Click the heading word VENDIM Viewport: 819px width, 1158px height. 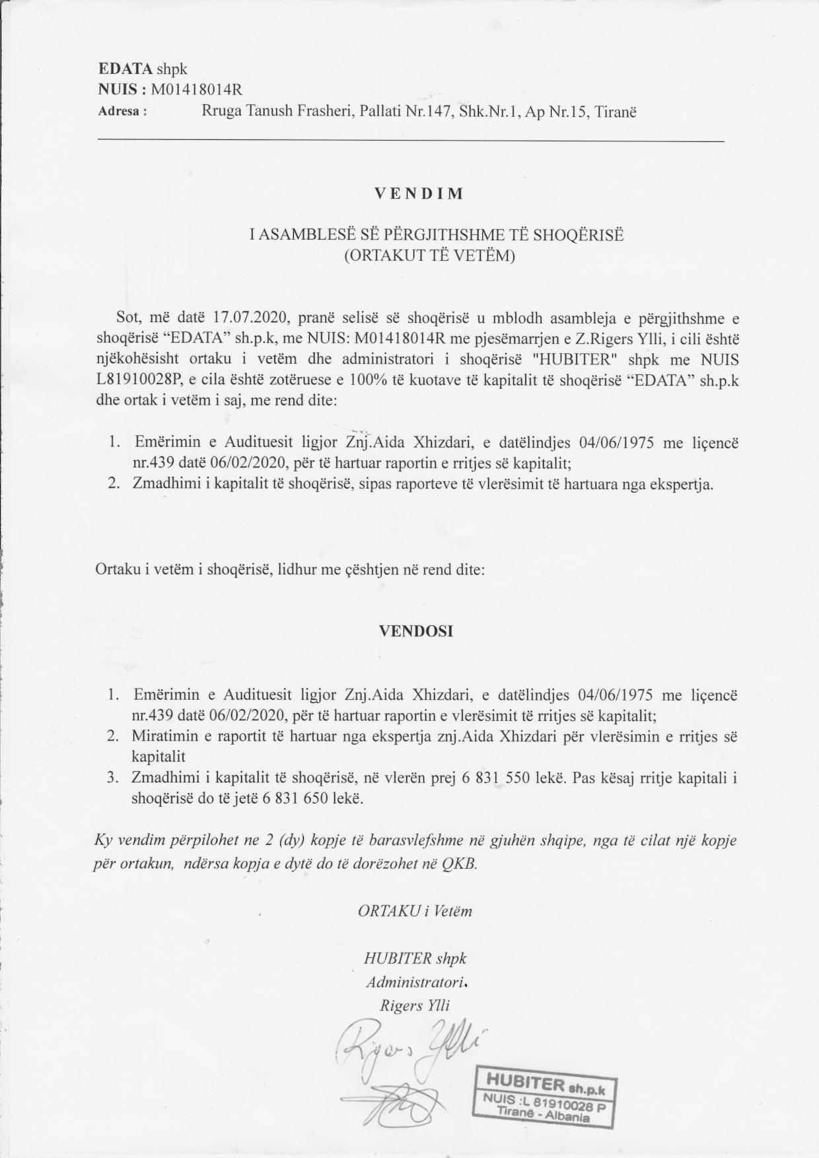click(x=419, y=194)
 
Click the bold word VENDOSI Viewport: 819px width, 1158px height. click(x=415, y=630)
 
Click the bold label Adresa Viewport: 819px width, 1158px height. click(x=122, y=112)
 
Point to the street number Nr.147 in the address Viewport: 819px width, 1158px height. click(x=424, y=112)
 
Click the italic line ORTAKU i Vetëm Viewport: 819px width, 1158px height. click(x=415, y=911)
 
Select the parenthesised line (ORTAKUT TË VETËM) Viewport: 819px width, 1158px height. click(x=429, y=255)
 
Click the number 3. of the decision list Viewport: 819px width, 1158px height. click(x=113, y=778)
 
